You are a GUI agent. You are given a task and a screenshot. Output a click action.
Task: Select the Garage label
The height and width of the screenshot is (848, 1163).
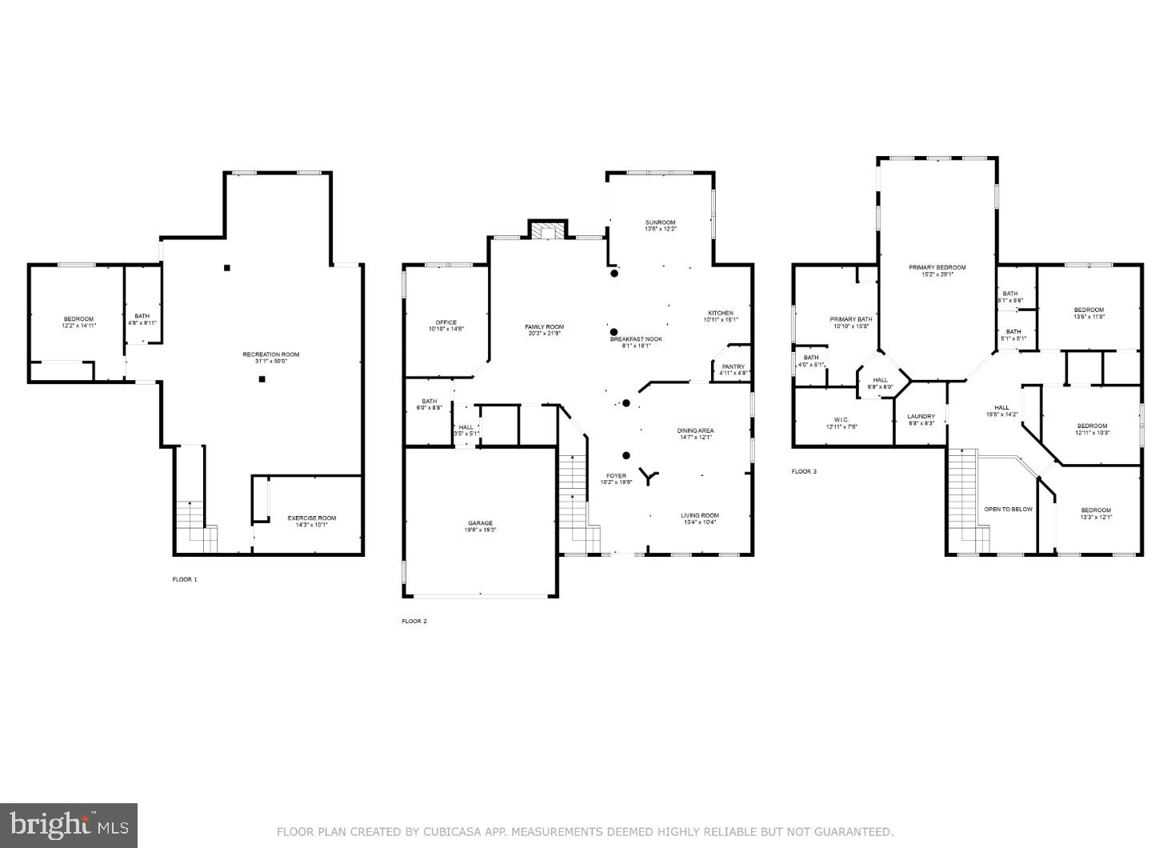[480, 523]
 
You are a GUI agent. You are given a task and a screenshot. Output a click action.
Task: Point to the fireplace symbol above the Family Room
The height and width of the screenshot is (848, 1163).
[547, 230]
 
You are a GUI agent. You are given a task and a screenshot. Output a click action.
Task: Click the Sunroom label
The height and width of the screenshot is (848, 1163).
[661, 222]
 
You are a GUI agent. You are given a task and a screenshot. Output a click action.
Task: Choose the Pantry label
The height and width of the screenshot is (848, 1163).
[733, 367]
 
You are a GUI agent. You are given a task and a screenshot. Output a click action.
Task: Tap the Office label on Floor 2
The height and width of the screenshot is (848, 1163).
[446, 322]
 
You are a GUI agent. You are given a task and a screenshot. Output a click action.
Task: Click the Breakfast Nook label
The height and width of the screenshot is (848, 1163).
[637, 339]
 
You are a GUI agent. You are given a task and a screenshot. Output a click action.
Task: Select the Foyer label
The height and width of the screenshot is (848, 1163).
[616, 476]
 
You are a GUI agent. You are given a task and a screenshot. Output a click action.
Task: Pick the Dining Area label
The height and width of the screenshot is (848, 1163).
[696, 430]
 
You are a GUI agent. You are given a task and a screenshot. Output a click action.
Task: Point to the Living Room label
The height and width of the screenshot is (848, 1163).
[700, 516]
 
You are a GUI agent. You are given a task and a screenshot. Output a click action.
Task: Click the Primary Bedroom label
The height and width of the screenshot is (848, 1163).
[937, 267]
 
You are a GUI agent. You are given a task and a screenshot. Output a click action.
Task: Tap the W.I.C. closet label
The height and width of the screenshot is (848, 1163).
[841, 419]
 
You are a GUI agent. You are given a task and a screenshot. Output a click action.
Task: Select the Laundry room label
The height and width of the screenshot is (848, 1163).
[921, 416]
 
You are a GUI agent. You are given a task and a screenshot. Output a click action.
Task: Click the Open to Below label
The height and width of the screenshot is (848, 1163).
[1008, 509]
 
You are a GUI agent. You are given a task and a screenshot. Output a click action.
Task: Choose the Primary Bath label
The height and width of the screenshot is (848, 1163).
[850, 319]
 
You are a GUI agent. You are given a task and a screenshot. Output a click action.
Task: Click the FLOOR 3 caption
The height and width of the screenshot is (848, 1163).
[804, 472]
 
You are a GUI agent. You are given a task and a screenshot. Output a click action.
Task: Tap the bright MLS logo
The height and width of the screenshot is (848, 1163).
[70, 823]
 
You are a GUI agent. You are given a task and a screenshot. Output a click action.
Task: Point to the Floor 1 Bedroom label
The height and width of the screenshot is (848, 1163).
[78, 319]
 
